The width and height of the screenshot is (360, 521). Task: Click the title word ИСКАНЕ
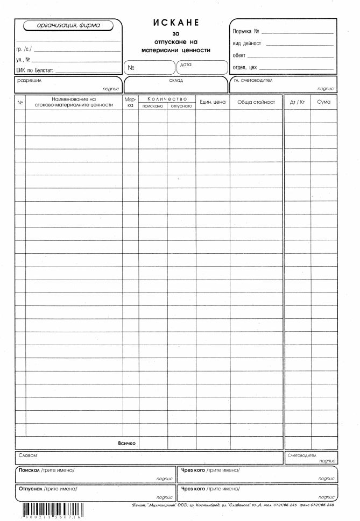(x=176, y=23)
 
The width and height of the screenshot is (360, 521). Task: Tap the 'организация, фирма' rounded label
(x=68, y=25)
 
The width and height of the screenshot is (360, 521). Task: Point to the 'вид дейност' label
(x=247, y=44)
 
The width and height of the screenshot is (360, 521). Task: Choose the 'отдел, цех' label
(x=245, y=68)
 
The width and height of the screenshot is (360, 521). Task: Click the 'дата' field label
(x=186, y=64)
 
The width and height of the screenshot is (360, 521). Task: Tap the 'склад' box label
(x=176, y=81)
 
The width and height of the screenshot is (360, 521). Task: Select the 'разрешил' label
(x=30, y=80)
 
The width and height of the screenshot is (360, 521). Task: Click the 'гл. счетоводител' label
(x=253, y=80)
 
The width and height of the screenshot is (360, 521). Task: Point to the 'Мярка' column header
(x=130, y=102)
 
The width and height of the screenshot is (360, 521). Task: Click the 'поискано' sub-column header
(x=153, y=106)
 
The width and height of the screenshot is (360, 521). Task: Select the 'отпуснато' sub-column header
(x=181, y=106)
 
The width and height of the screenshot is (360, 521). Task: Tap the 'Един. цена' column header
(x=213, y=102)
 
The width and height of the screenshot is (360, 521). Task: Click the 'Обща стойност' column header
(x=256, y=102)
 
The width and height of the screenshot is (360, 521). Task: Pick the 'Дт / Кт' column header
(x=297, y=102)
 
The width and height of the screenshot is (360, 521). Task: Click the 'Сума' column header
(x=324, y=102)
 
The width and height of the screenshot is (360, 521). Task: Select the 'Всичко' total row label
(x=126, y=444)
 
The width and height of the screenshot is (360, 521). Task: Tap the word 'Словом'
(x=27, y=455)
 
